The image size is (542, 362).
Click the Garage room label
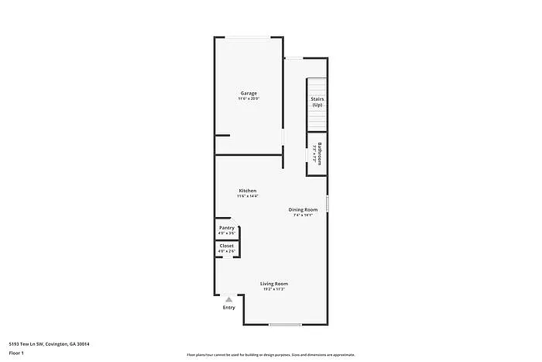[249, 93]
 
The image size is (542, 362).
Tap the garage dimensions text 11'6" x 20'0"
[249, 99]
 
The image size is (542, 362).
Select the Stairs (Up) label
[317, 102]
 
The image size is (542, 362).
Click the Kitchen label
[248, 191]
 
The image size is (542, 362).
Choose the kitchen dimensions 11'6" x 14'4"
[248, 197]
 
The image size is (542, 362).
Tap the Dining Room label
[304, 209]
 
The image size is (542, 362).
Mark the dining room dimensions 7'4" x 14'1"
[304, 215]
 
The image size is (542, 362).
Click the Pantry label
[226, 228]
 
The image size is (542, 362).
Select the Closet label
[226, 246]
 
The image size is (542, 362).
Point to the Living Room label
[274, 284]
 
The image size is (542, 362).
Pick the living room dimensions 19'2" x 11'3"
[274, 290]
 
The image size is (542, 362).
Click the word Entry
[229, 308]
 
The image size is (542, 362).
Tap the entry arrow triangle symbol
[229, 299]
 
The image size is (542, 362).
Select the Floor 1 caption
[16, 353]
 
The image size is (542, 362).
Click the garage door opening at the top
[249, 36]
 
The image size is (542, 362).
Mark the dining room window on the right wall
[328, 204]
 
